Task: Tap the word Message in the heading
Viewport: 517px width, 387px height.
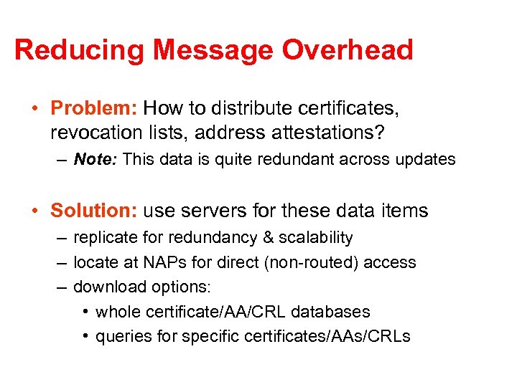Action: click(x=213, y=51)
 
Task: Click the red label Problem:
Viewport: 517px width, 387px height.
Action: click(x=94, y=108)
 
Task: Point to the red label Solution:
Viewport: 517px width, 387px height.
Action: click(x=94, y=211)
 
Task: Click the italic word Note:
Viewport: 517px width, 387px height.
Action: click(x=96, y=159)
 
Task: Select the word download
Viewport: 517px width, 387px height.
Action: click(x=106, y=287)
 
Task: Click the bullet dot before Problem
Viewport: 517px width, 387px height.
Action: click(x=35, y=109)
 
